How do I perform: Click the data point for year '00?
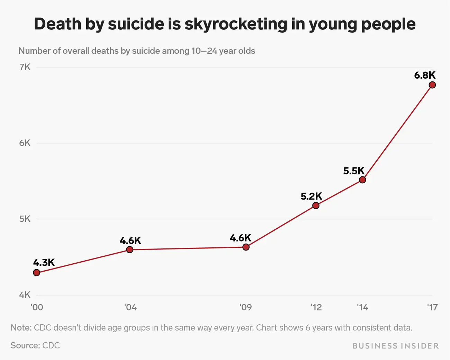tap(36, 273)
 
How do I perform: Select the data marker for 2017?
tap(432, 85)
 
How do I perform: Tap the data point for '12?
tap(316, 205)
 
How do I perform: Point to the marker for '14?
tap(362, 180)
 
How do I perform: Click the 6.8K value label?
tap(425, 75)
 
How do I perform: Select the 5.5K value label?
tap(354, 171)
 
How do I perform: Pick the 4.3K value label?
tap(44, 263)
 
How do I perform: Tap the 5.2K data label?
tap(311, 196)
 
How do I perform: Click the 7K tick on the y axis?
tap(25, 67)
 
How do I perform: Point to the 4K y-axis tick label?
tap(25, 295)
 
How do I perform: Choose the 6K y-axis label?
tap(25, 143)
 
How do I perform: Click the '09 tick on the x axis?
tap(245, 307)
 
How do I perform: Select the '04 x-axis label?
tap(130, 307)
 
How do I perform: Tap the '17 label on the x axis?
tap(432, 307)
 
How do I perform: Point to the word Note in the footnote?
tap(21, 328)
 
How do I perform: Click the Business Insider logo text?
tap(396, 346)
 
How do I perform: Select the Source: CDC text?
tap(35, 345)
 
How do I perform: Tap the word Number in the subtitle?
tap(34, 51)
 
